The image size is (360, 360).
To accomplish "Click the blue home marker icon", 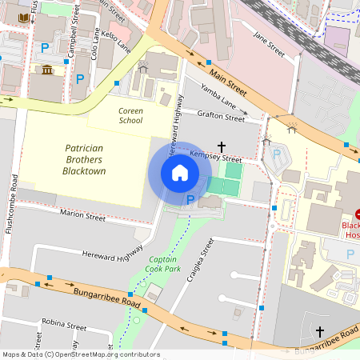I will [180, 173].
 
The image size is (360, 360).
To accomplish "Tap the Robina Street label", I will [66, 326].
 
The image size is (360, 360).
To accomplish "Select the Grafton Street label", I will [221, 117].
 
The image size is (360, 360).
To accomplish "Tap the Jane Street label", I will [268, 45].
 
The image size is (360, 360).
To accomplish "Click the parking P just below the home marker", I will [190, 199].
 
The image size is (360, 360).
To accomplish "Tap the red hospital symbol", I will [357, 214].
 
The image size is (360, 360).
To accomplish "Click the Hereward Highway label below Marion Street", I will [112, 254].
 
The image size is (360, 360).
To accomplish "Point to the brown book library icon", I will [23, 17].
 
